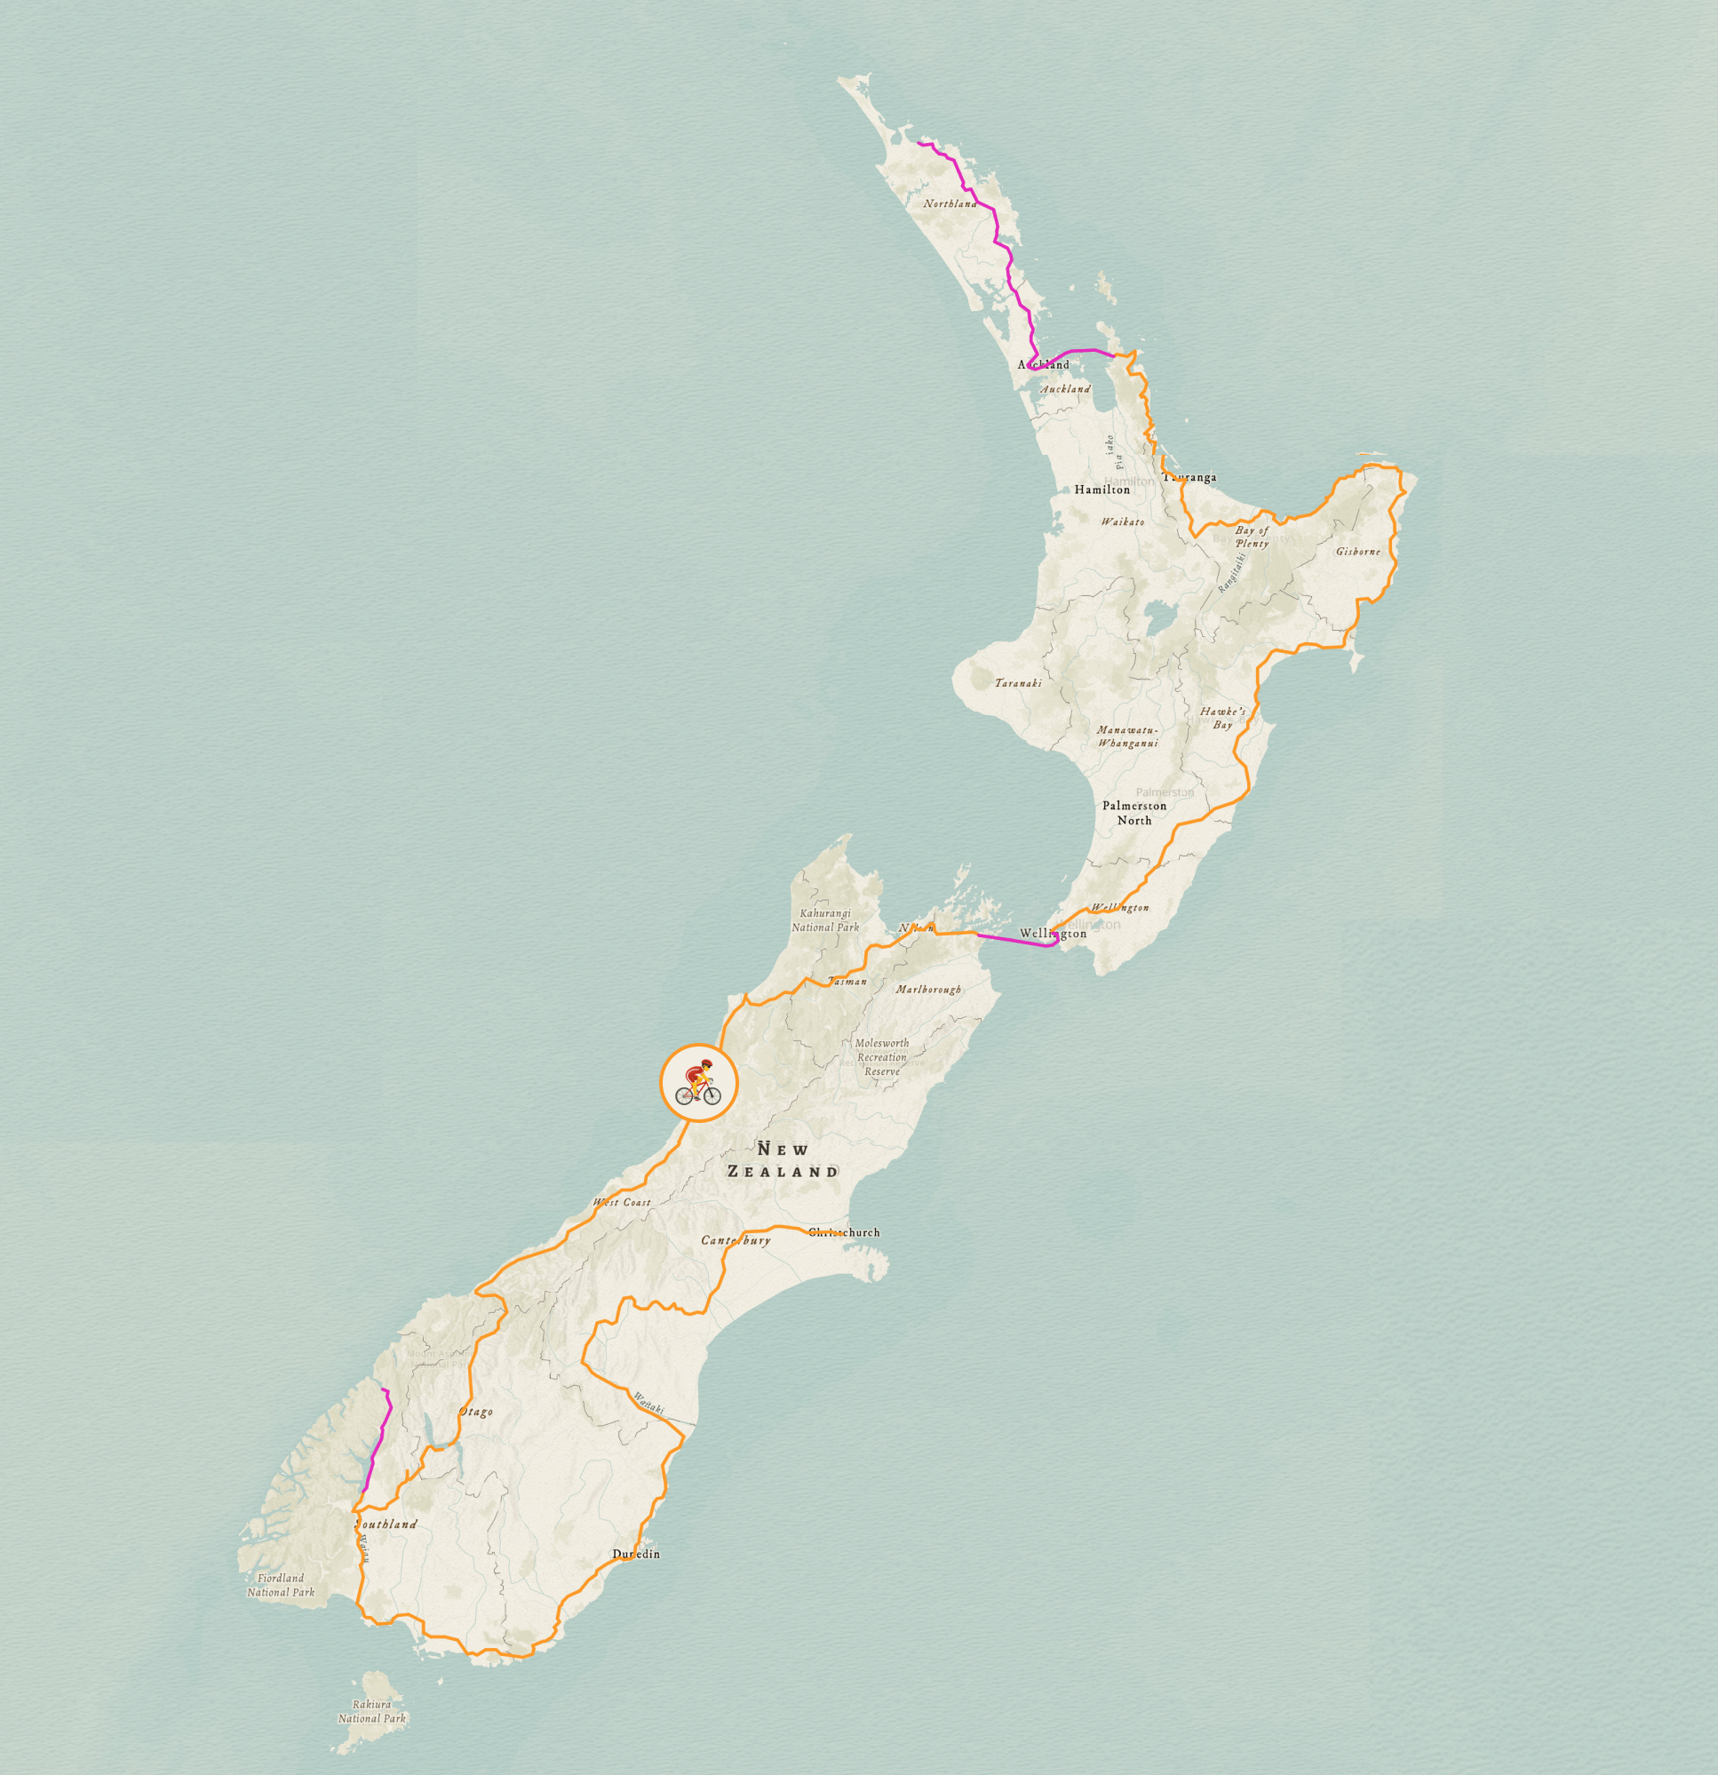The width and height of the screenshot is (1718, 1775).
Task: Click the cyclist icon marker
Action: [699, 1083]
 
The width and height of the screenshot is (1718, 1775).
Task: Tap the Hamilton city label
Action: [1102, 490]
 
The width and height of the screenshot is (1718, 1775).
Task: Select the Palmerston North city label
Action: [1133, 812]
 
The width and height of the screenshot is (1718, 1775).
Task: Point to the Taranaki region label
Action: [1018, 683]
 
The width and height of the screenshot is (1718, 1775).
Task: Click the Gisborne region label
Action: [1357, 551]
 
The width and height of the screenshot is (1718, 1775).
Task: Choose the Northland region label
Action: [950, 203]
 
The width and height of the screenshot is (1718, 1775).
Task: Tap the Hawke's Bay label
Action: [1222, 717]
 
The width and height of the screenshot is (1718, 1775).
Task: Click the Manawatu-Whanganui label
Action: [1127, 736]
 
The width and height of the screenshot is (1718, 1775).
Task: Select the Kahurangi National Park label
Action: [825, 920]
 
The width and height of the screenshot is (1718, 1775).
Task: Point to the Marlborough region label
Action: [928, 989]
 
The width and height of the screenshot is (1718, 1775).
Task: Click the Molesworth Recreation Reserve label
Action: [881, 1057]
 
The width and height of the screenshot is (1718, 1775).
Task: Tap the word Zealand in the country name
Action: [783, 1172]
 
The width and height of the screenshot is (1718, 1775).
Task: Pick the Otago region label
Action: [476, 1412]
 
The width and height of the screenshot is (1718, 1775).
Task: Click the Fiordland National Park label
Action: [281, 1585]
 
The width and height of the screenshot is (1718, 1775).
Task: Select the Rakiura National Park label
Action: [371, 1711]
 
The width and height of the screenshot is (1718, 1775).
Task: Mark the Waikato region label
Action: [1122, 521]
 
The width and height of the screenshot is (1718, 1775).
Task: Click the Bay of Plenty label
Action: [1252, 537]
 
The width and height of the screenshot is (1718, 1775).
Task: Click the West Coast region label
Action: [622, 1203]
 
